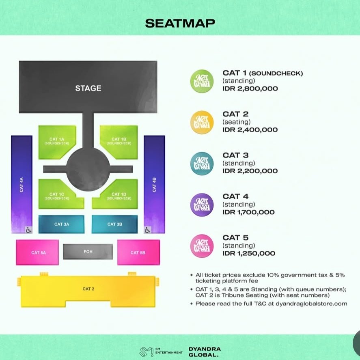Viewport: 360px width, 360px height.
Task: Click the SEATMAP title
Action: coord(180,23)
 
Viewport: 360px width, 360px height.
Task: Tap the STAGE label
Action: coord(88,88)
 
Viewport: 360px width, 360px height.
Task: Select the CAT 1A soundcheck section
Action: coord(57,141)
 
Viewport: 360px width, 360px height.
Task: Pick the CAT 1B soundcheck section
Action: coord(119,141)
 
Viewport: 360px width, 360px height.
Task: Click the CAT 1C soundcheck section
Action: coord(57,196)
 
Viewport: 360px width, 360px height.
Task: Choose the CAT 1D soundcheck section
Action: coord(119,196)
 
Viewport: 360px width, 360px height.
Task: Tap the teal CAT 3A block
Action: coord(61,224)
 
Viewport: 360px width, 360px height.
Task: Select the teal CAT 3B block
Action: coord(114,224)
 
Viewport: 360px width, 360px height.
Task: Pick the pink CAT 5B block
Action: coord(137,252)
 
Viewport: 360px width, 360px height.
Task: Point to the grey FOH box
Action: coord(88,252)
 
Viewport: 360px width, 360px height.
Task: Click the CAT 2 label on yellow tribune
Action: coord(88,289)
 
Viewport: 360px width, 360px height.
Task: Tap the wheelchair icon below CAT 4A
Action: coord(29,230)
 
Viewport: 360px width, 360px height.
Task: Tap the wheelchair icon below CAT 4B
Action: coord(147,230)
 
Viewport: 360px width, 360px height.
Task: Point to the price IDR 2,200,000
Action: coord(250,171)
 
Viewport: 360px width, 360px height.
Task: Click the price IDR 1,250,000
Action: coord(248,253)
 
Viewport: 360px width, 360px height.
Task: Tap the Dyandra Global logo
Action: coord(204,351)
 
